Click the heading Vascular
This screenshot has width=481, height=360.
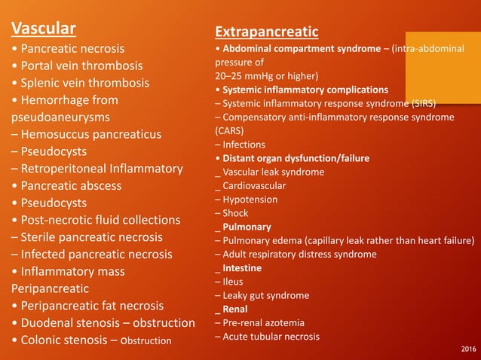click(x=43, y=29)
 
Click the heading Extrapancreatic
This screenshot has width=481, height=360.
click(x=266, y=32)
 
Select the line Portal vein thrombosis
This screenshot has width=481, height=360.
click(x=77, y=66)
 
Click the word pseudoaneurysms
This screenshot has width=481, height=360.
click(x=60, y=117)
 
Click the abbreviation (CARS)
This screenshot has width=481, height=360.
click(x=231, y=130)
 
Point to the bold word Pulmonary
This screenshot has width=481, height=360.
click(x=247, y=227)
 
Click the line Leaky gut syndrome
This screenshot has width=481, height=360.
click(x=261, y=295)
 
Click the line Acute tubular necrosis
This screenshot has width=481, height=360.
click(x=271, y=337)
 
